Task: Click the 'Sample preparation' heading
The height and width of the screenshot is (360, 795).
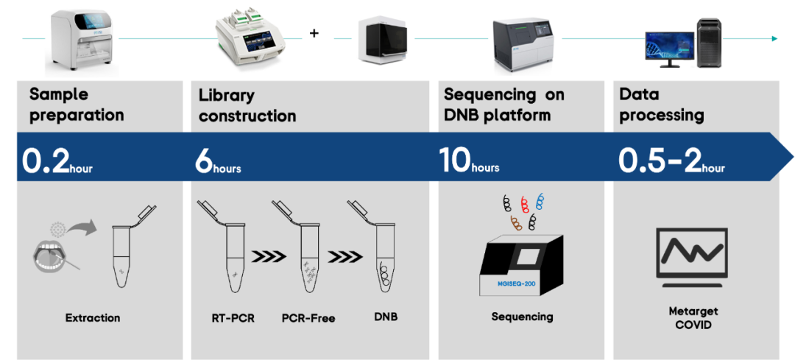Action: (x=77, y=105)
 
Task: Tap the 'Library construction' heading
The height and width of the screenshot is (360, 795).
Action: (x=247, y=105)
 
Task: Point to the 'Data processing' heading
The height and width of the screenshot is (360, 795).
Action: (x=661, y=105)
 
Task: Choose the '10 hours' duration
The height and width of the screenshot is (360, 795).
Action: (x=469, y=161)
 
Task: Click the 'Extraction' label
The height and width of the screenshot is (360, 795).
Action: (x=93, y=318)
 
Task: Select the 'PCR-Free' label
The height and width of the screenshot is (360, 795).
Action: (x=308, y=318)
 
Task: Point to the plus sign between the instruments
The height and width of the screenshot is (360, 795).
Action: (x=314, y=33)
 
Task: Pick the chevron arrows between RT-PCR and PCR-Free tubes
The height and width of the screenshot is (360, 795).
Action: (x=269, y=258)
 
